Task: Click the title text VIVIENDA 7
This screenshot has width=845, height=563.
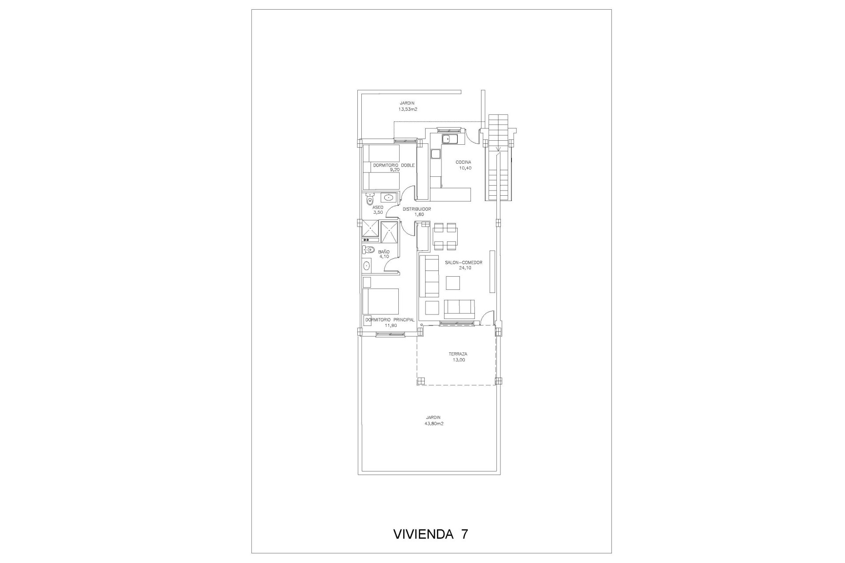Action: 430,534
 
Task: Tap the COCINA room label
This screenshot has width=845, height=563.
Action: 463,162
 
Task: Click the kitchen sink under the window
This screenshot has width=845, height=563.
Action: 450,139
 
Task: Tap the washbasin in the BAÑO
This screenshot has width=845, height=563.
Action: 367,266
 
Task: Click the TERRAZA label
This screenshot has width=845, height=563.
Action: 458,354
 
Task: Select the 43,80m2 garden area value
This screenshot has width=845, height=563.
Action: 433,424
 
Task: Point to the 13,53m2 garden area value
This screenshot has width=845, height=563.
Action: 408,109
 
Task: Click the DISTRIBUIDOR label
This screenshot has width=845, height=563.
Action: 416,209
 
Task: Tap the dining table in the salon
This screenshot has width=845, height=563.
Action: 445,237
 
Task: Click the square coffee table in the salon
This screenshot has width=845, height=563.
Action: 453,282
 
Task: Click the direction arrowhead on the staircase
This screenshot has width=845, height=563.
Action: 498,154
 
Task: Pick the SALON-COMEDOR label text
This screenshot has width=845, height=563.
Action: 463,263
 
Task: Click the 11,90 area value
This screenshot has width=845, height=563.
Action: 391,325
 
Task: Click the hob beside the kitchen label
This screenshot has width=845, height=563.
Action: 436,154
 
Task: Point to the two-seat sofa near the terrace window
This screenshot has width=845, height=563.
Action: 459,309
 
